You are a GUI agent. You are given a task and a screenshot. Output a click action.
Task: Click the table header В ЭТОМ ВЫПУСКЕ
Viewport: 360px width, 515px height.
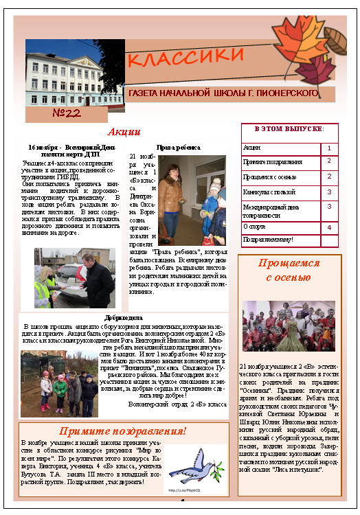tap(289, 129)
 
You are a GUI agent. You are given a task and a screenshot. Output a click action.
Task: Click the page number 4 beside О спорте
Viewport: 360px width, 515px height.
tap(329, 227)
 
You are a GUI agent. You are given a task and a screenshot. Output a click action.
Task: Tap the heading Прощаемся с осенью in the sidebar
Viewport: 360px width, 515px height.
tap(289, 270)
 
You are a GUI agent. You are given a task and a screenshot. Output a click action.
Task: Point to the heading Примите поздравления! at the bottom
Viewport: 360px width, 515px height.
tap(122, 431)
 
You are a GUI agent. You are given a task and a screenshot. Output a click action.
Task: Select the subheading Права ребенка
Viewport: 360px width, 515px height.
tap(179, 147)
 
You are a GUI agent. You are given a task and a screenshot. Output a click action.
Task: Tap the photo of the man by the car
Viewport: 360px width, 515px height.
tap(75, 277)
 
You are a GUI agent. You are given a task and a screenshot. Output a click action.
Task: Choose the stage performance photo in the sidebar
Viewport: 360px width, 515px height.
tap(289, 326)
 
